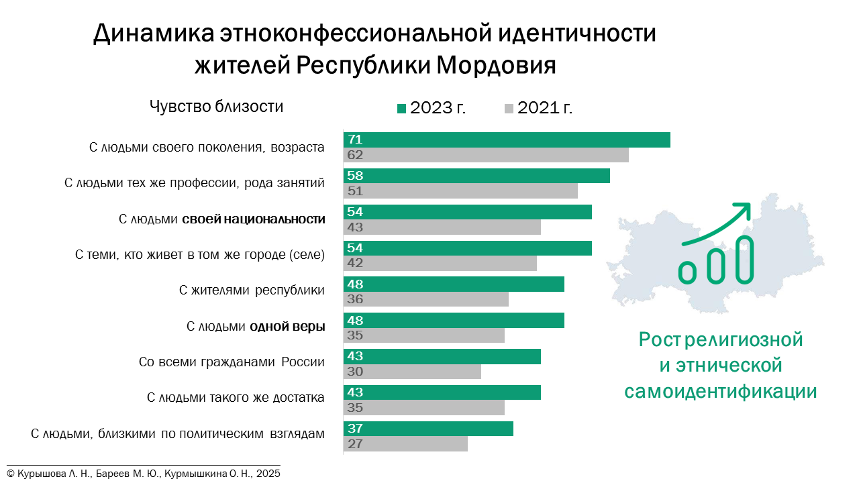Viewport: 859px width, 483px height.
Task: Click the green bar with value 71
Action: tap(507, 140)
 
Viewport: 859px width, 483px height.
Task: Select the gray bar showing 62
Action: tap(486, 155)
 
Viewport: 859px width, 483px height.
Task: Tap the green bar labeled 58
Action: tap(476, 176)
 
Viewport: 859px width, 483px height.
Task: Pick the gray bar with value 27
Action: tap(405, 443)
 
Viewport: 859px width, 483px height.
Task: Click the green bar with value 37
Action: tap(428, 429)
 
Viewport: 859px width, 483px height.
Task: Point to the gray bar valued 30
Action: tap(412, 372)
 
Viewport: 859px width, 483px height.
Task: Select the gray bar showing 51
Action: tap(460, 191)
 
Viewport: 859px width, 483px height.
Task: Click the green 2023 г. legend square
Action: tap(401, 109)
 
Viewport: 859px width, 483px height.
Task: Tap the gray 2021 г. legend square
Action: tap(509, 109)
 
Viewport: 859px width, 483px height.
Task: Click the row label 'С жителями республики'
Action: tap(252, 290)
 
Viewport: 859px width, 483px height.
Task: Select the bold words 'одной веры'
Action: tap(287, 327)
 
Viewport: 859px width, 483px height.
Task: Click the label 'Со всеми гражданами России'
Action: tap(232, 362)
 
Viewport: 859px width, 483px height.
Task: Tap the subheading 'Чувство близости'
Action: tap(216, 107)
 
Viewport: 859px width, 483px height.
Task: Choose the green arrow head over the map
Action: tap(742, 210)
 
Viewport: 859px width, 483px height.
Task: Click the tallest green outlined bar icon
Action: tap(744, 258)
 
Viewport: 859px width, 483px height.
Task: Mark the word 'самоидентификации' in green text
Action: tap(720, 391)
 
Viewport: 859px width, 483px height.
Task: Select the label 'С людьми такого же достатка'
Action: tap(236, 398)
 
